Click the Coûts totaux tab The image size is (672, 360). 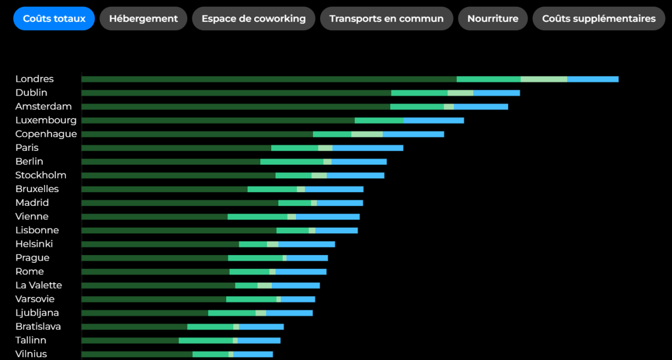click(x=54, y=19)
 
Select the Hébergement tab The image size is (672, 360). click(x=143, y=19)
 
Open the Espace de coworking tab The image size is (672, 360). click(x=253, y=19)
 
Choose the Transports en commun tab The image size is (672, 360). click(x=386, y=19)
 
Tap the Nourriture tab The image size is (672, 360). click(x=492, y=19)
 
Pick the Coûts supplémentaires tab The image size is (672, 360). click(x=598, y=19)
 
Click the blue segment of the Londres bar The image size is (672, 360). click(x=592, y=79)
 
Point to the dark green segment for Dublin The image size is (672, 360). click(x=236, y=93)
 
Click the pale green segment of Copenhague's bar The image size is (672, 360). click(x=367, y=134)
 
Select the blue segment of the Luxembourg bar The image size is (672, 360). click(x=434, y=120)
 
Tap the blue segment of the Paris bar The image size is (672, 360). click(x=367, y=148)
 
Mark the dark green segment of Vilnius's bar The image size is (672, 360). click(x=137, y=354)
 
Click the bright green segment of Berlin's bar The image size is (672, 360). click(x=292, y=161)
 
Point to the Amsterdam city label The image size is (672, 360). click(x=43, y=106)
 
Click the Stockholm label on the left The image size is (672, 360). click(x=41, y=175)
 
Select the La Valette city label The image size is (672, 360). click(x=38, y=285)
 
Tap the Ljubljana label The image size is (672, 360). click(x=37, y=313)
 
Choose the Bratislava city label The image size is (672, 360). click(x=38, y=327)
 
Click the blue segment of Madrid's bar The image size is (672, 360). click(x=339, y=203)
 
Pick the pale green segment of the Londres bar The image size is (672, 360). click(x=544, y=79)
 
